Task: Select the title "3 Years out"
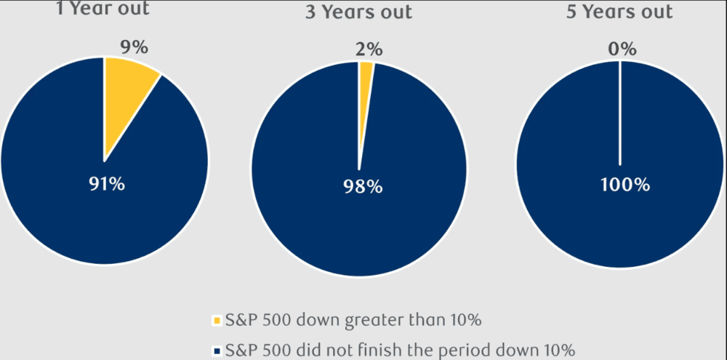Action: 358,12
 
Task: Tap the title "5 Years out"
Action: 620,12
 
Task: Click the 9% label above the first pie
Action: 133,47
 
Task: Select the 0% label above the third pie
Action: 622,49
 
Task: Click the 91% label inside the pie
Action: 105,184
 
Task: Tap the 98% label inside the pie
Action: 362,187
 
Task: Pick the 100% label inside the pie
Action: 624,185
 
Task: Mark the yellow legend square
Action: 215,321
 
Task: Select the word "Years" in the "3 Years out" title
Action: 356,12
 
